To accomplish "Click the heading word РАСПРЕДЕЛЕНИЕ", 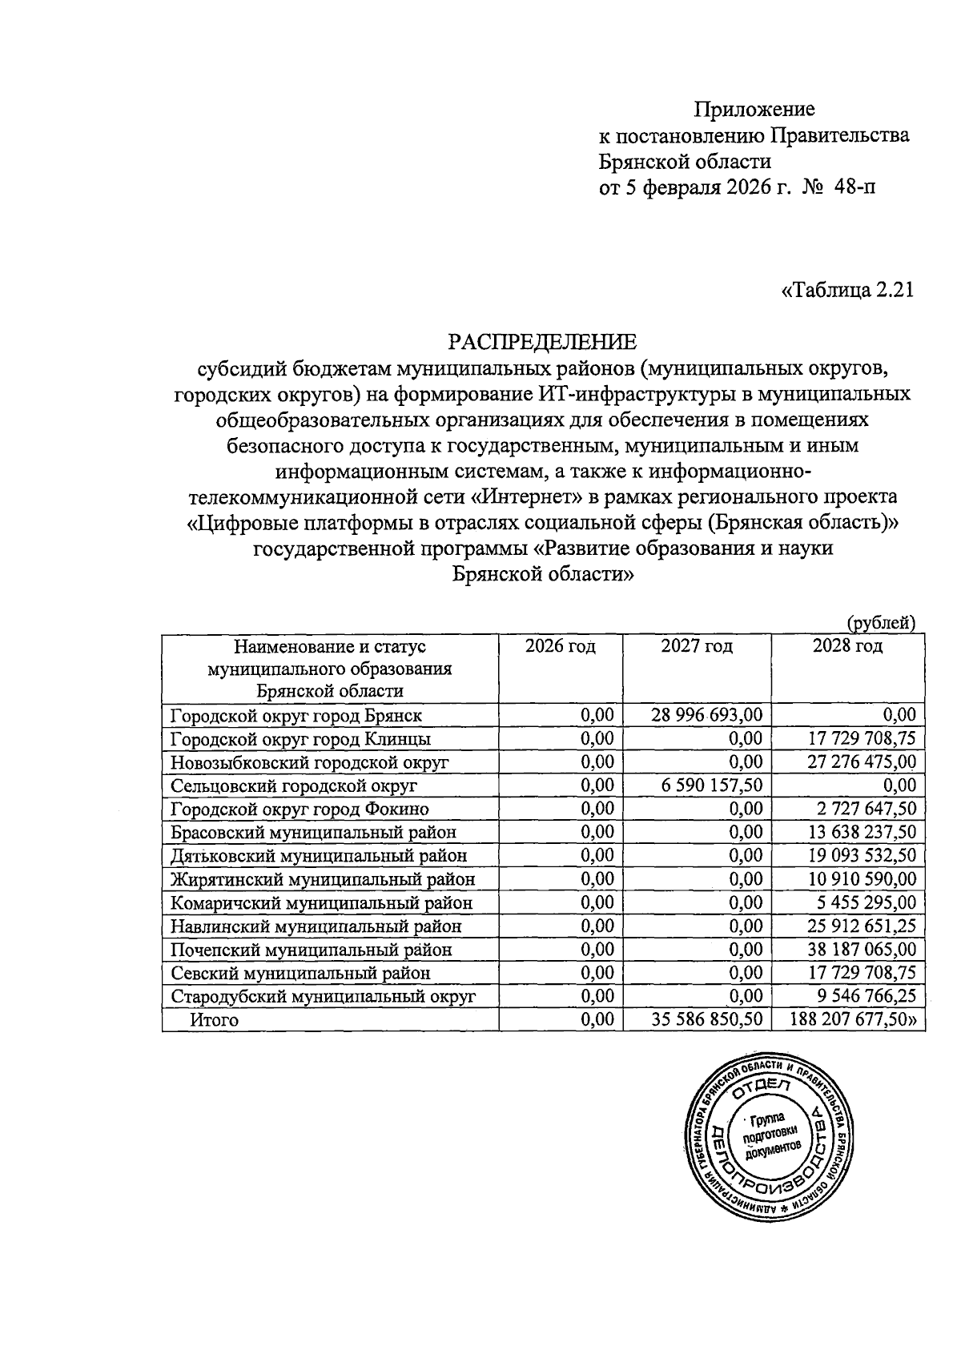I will [542, 343].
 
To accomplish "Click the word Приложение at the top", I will [754, 108].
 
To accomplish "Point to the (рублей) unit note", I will [881, 622].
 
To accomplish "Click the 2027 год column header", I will [697, 646].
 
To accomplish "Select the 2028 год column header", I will [847, 646].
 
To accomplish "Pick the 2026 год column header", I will [561, 646].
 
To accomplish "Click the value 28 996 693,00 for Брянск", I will [707, 714].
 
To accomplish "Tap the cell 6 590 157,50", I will [712, 785].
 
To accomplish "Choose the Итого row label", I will [214, 1020].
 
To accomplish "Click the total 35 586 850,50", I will [707, 1020].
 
